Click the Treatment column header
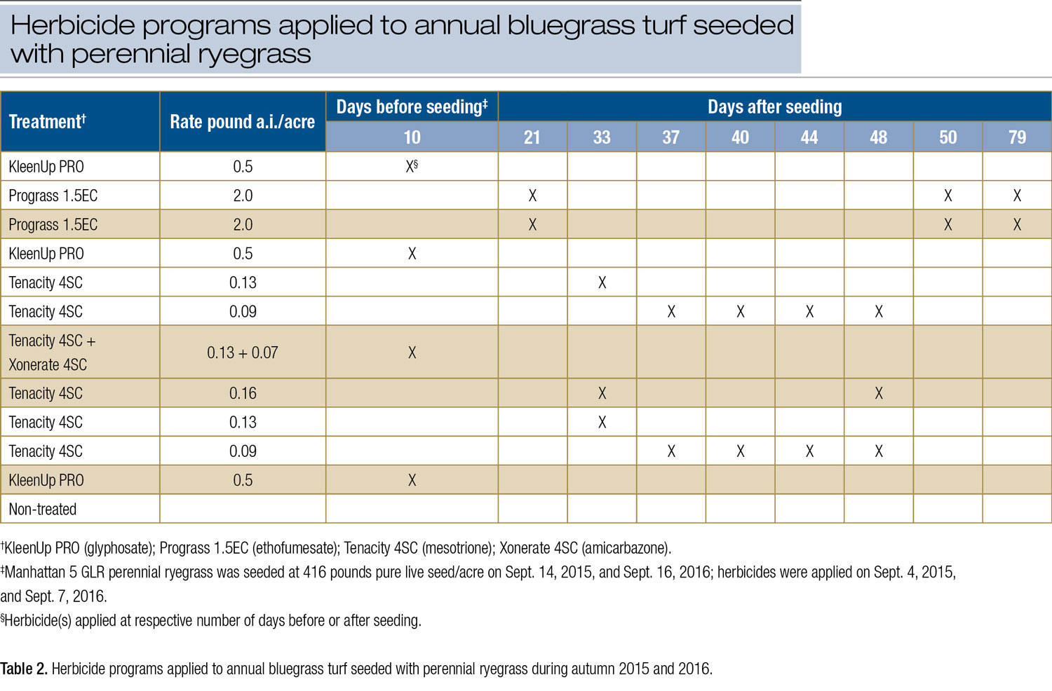pyautogui.click(x=47, y=122)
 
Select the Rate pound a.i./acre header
pyautogui.click(x=242, y=122)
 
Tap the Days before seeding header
pyautogui.click(x=412, y=107)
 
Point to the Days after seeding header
pyautogui.click(x=774, y=107)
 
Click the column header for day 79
pyautogui.click(x=1017, y=137)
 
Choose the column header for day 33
pyautogui.click(x=602, y=137)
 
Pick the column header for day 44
pyautogui.click(x=809, y=137)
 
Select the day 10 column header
pyautogui.click(x=412, y=137)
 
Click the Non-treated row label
pyautogui.click(x=43, y=509)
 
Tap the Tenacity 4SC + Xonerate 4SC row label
pyautogui.click(x=52, y=353)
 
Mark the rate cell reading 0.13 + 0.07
pyautogui.click(x=242, y=353)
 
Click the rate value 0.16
pyautogui.click(x=243, y=393)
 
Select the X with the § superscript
pyautogui.click(x=412, y=166)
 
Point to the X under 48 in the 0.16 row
pyautogui.click(x=879, y=393)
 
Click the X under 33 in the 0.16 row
pyautogui.click(x=602, y=393)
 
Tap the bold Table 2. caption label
pyautogui.click(x=23, y=669)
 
